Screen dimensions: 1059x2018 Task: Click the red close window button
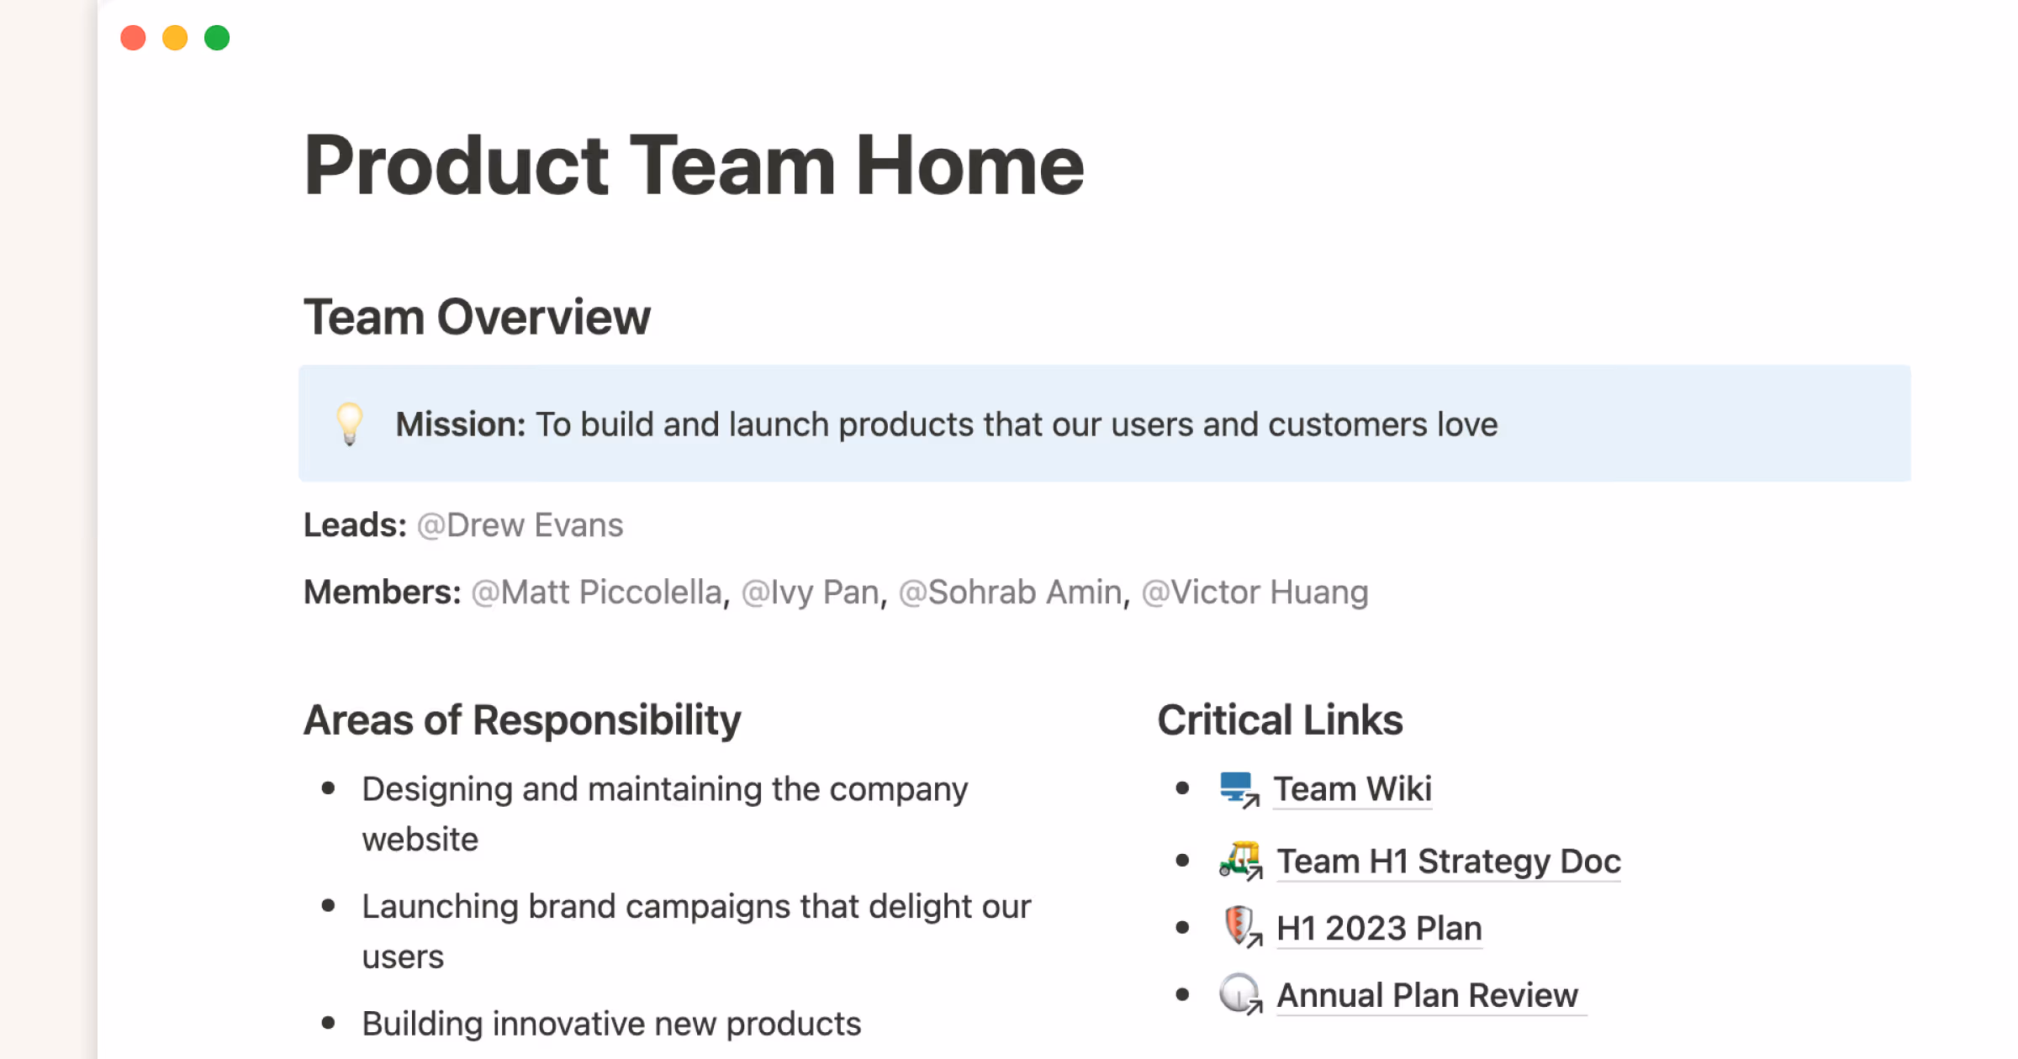pos(133,38)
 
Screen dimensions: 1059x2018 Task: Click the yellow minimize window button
pos(175,38)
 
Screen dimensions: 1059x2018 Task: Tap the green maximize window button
pos(217,38)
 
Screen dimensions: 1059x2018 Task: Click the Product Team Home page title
pos(693,166)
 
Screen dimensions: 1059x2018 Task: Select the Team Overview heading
pos(477,317)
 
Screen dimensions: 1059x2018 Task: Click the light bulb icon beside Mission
pos(349,423)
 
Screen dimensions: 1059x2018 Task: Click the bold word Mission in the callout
pos(460,424)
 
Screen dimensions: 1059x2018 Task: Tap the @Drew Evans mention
pos(520,525)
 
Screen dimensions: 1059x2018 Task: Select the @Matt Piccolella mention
pos(596,593)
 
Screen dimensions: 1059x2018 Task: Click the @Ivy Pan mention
pos(811,593)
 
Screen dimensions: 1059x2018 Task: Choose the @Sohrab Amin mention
pos(1010,593)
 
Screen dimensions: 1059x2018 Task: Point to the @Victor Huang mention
pos(1255,593)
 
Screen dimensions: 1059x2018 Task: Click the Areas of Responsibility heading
pos(522,720)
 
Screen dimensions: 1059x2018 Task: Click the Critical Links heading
pos(1280,720)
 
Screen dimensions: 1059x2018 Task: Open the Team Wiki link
pos(1352,789)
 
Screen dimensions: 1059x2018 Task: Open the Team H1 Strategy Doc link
pos(1448,861)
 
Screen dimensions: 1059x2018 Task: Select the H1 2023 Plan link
pos(1379,929)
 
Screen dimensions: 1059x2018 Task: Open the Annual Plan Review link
pos(1427,996)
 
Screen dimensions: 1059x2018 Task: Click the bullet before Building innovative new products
pos(329,1023)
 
